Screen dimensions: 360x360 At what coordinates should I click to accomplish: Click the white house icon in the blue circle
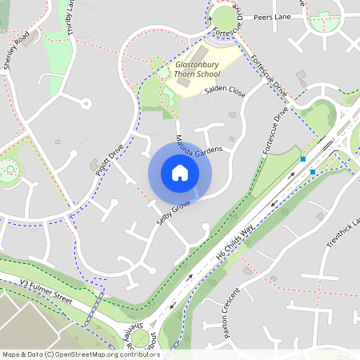tap(180, 172)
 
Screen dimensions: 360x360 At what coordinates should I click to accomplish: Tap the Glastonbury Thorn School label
tap(197, 69)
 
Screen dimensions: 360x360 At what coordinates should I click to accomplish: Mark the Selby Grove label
tap(174, 214)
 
